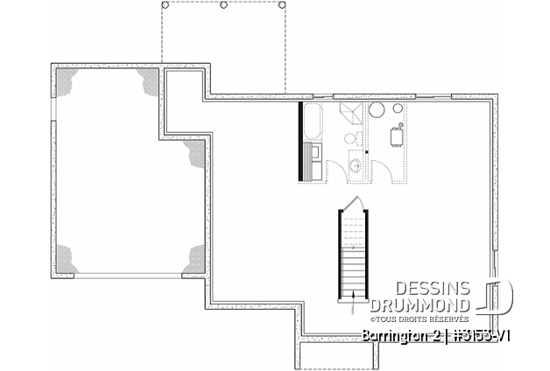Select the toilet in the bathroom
354,139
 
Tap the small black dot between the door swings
366,151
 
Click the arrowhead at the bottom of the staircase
351,300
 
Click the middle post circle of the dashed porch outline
224,4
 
